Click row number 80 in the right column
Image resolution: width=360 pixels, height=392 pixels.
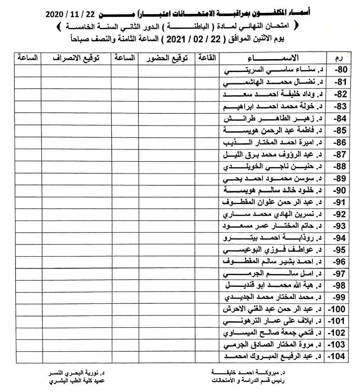pyautogui.click(x=340, y=70)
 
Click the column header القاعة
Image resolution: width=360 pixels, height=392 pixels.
pyautogui.click(x=207, y=58)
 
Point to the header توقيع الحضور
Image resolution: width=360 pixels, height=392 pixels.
pyautogui.click(x=167, y=58)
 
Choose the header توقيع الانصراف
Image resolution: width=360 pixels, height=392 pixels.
pyautogui.click(x=76, y=58)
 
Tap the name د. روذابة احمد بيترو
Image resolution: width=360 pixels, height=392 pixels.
pyautogui.click(x=273, y=238)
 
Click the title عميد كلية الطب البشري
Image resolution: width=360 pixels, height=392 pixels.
pyautogui.click(x=77, y=381)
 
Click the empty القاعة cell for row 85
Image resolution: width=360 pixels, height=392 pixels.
pyautogui.click(x=207, y=130)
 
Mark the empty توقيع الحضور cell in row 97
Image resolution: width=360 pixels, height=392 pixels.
pyautogui.click(x=167, y=274)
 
